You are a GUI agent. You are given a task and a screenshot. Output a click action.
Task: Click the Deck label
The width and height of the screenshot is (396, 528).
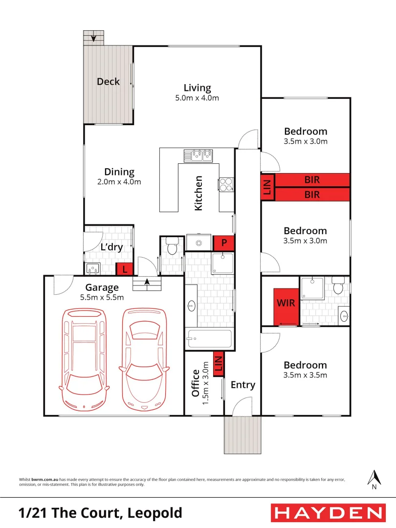pyautogui.click(x=108, y=82)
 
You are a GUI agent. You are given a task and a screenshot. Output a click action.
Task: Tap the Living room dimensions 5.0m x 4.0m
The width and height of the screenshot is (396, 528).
pyautogui.click(x=197, y=98)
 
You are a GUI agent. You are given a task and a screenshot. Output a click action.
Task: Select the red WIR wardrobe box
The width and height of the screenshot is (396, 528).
pyautogui.click(x=286, y=303)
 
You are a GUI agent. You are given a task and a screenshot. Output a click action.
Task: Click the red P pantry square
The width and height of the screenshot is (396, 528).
pyautogui.click(x=224, y=242)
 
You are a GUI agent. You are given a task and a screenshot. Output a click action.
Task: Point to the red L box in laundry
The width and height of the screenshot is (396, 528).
pyautogui.click(x=125, y=269)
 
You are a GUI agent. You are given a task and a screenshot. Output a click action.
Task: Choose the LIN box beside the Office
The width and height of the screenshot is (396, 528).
pyautogui.click(x=219, y=363)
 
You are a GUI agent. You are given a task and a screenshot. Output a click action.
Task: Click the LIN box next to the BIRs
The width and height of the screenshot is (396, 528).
pyautogui.click(x=267, y=188)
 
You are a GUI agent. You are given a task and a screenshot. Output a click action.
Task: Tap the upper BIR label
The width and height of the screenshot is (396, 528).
pyautogui.click(x=312, y=180)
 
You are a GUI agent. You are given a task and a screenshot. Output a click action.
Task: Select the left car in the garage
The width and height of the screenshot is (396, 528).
pyautogui.click(x=84, y=358)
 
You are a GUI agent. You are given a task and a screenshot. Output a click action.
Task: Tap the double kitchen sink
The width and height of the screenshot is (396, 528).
pyautogui.click(x=199, y=155)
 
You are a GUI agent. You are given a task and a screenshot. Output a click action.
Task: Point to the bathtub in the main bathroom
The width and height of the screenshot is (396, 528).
pyautogui.click(x=209, y=339)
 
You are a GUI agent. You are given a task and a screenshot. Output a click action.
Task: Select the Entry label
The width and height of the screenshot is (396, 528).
pyautogui.click(x=243, y=385)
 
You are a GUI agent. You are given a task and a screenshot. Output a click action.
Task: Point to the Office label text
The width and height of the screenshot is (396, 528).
pyautogui.click(x=195, y=383)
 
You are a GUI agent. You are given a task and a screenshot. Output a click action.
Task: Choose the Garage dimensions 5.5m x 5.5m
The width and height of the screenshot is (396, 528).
pyautogui.click(x=102, y=297)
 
